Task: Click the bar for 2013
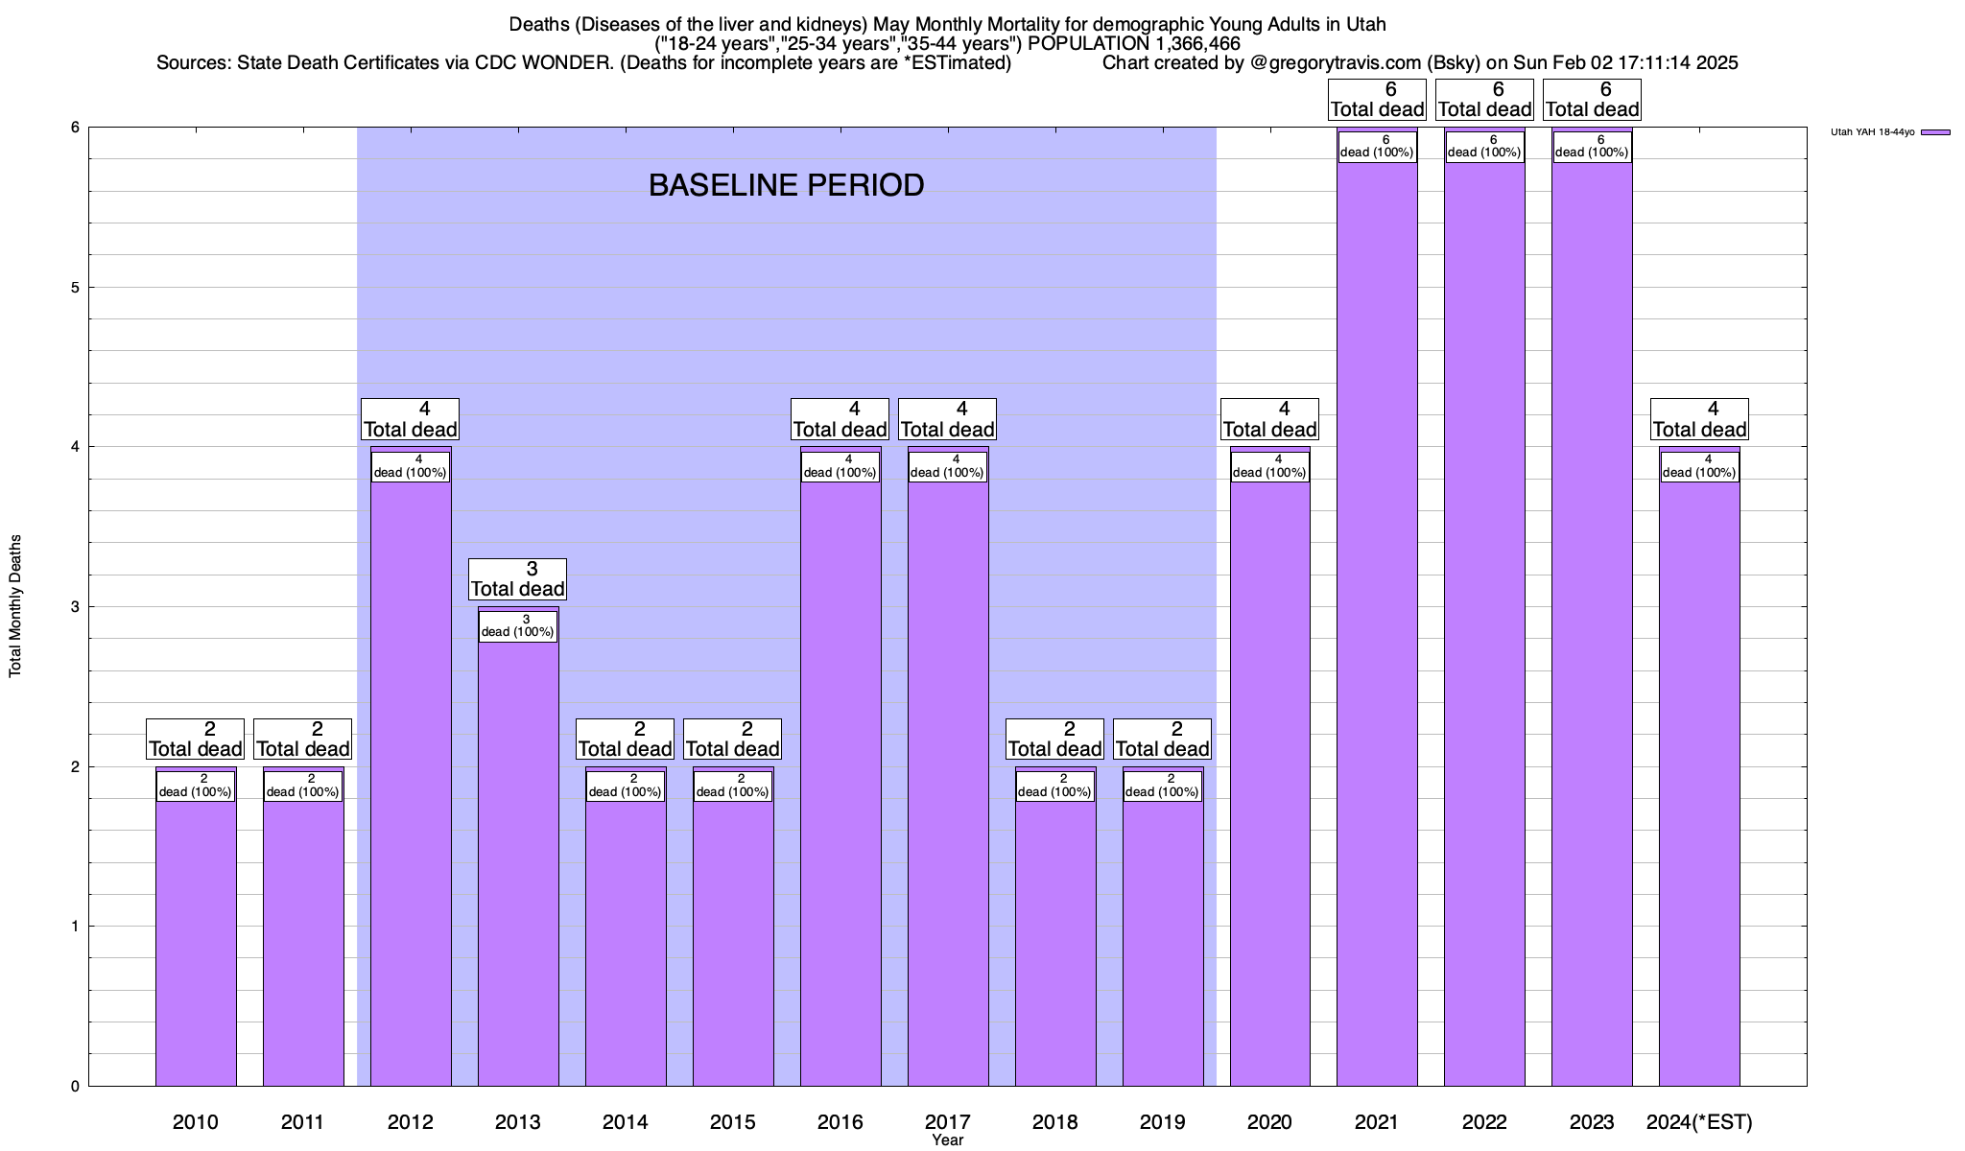(x=518, y=863)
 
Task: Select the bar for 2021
(x=1377, y=623)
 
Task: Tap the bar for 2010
(x=196, y=940)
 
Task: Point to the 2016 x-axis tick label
(x=840, y=1121)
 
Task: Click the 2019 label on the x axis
(x=1162, y=1121)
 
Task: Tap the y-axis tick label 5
(x=74, y=288)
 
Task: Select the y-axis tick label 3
(x=74, y=607)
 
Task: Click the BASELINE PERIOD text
(x=786, y=185)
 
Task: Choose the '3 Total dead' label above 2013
(x=518, y=579)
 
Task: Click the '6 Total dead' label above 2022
(x=1484, y=100)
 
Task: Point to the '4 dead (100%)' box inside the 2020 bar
(x=1269, y=466)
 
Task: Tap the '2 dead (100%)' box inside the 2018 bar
(x=1054, y=786)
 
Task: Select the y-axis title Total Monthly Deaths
(x=15, y=606)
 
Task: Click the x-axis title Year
(x=947, y=1140)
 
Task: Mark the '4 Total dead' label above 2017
(x=947, y=419)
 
